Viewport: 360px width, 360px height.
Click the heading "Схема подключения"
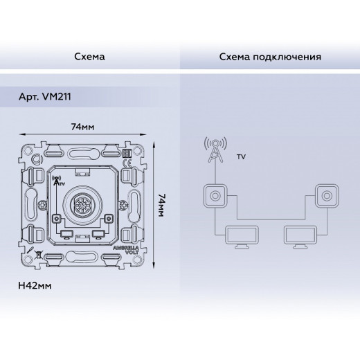click(270, 57)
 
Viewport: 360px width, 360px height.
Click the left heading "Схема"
click(89, 57)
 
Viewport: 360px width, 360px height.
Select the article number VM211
click(57, 96)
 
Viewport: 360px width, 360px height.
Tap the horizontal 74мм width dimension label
click(82, 127)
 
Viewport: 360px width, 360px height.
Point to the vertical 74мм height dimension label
click(161, 205)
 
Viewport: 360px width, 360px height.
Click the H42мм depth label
click(35, 286)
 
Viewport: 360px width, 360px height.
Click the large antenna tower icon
click(215, 150)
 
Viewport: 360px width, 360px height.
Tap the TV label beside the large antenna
click(241, 157)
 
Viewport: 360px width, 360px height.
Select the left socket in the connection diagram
click(215, 196)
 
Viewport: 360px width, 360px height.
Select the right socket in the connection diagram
click(327, 196)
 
